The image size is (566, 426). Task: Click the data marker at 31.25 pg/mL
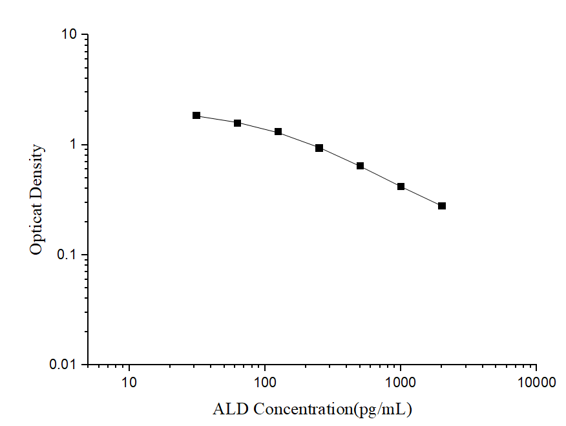(x=196, y=116)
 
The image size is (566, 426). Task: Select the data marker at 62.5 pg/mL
(x=237, y=123)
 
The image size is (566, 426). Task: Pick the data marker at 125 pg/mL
(x=278, y=132)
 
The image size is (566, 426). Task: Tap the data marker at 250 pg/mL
(x=319, y=148)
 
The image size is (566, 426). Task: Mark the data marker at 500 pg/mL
(x=360, y=166)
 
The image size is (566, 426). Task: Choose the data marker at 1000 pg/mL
(x=401, y=187)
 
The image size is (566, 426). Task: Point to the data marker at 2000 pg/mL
(x=442, y=206)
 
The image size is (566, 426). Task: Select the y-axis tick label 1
(x=74, y=145)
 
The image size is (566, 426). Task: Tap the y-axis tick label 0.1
(x=68, y=255)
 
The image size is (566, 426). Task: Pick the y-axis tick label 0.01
(x=64, y=365)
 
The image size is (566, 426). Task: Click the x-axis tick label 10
(x=129, y=383)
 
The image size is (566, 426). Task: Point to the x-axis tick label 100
(x=265, y=383)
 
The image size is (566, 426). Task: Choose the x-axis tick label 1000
(x=401, y=383)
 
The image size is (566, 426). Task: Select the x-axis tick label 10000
(x=536, y=383)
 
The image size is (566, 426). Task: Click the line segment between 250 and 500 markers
(x=340, y=157)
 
